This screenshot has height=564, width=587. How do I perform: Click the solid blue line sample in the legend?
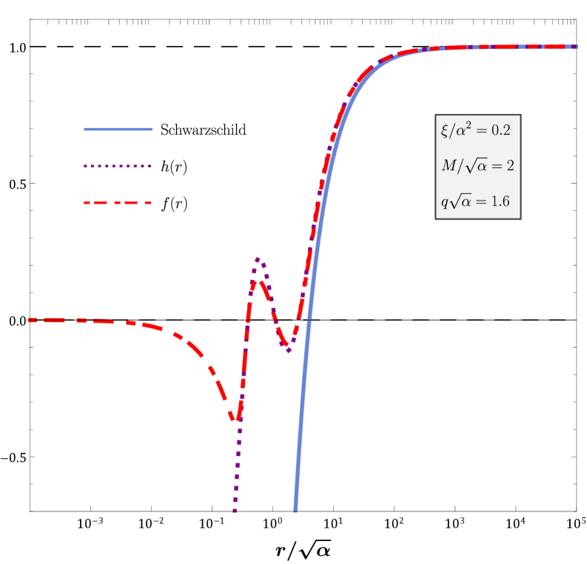118,130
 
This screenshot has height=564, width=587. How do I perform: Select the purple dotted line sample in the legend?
118,167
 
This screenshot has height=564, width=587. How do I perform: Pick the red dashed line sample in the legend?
118,203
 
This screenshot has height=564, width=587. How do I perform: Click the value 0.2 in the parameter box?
501,131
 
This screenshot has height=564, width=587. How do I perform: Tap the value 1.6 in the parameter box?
500,201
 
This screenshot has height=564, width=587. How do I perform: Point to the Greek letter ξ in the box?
444,131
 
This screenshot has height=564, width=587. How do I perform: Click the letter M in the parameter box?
449,166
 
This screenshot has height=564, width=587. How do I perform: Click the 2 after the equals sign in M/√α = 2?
509,166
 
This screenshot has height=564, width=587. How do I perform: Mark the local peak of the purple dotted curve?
258,258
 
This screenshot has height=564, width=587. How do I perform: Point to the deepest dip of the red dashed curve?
235,420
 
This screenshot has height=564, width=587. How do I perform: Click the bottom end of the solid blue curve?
295,510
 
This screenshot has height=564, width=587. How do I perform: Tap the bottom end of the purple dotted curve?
235,511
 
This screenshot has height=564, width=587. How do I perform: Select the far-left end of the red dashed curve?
30,320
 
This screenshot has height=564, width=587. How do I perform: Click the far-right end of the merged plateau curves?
576,47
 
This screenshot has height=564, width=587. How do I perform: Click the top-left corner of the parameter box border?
435,115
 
